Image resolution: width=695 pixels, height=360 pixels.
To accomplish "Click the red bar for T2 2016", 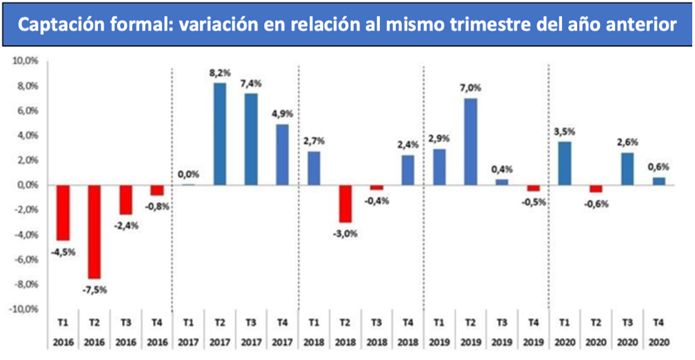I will coord(94,232).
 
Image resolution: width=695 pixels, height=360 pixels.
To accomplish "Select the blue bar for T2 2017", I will coord(219,134).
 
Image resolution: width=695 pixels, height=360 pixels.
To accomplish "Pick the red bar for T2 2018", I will coord(345,203).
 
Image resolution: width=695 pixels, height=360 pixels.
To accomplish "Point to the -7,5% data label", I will coord(94,289).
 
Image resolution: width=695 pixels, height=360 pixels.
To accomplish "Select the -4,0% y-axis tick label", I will coord(25,234).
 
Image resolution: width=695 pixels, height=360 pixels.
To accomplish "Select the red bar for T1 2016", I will coord(63,213).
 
